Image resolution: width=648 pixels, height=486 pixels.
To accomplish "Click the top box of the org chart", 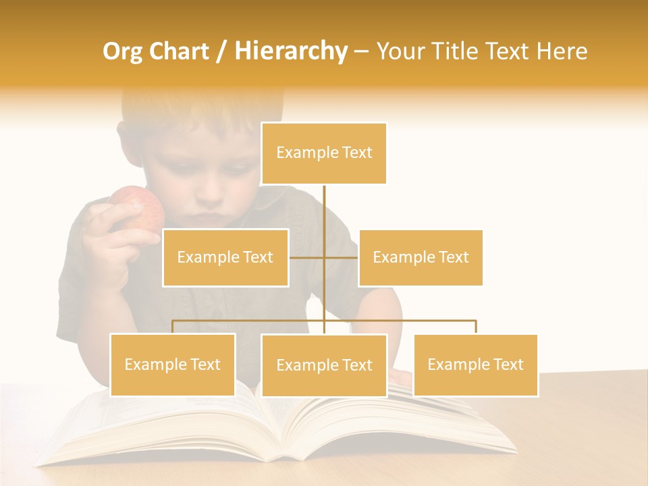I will point(324,153).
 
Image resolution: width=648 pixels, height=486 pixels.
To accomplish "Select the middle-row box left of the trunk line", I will point(225,257).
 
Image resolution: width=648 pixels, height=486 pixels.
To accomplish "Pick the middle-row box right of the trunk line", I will point(421,257).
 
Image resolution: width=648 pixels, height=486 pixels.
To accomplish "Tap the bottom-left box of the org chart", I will point(173,364).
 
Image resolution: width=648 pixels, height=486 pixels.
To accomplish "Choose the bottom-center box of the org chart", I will point(324,365).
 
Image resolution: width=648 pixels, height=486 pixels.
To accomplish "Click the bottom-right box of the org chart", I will point(475,364).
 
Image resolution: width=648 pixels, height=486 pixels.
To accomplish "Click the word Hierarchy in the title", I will point(291,51).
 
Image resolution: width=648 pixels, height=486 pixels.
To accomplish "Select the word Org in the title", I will point(122,51).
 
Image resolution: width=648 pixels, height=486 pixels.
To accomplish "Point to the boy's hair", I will point(182,111).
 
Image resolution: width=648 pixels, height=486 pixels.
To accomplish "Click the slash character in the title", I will point(221,51).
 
